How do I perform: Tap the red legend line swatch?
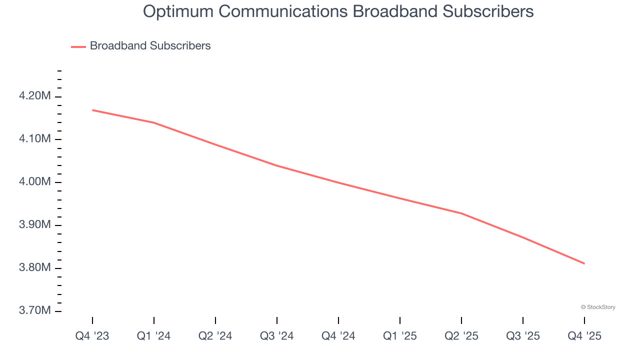(78, 46)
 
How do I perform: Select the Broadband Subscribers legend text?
(150, 46)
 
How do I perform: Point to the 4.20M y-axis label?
(34, 96)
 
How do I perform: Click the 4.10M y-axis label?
(34, 139)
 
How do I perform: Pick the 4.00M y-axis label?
(34, 182)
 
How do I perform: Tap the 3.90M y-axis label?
(34, 225)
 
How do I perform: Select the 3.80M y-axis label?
(34, 268)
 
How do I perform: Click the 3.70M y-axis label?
(34, 311)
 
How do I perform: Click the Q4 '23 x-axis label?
(92, 336)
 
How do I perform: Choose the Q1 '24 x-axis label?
(153, 336)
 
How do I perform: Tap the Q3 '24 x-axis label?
(276, 336)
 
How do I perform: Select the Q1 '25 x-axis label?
(399, 336)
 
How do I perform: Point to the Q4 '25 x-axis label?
(584, 336)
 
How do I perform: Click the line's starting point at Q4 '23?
(92, 110)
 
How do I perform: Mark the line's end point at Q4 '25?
(584, 263)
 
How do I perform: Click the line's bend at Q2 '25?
(461, 213)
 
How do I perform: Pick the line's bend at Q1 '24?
(153, 122)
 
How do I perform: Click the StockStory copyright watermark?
(598, 307)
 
